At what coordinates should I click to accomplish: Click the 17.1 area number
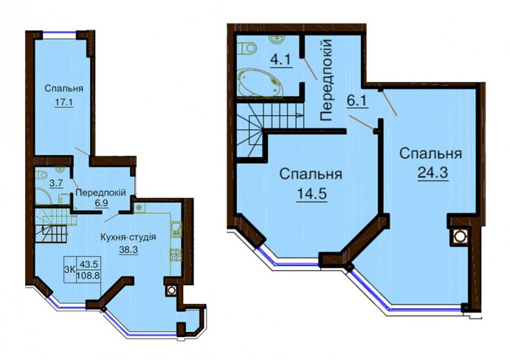coord(63,102)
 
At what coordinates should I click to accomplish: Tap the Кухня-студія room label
coord(128,237)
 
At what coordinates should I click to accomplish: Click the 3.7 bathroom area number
coord(55,184)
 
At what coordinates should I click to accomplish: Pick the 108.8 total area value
coord(89,276)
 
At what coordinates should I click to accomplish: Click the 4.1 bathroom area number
coord(281,60)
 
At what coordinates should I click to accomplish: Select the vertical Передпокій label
coord(326,80)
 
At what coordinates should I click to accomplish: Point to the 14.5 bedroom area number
coord(312,194)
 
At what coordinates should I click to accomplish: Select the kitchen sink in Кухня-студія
coord(176,229)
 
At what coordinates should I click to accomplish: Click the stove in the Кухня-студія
coord(176,254)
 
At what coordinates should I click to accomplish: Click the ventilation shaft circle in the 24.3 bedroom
coord(459,236)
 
